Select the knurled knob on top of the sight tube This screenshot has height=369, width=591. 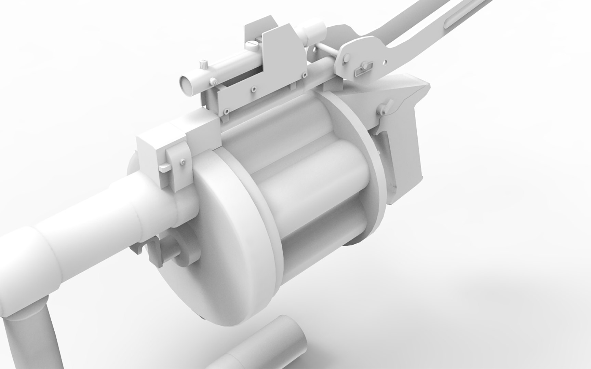(x=204, y=64)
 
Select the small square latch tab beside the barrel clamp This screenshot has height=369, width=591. (x=165, y=167)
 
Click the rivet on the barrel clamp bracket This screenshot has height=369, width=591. (x=184, y=161)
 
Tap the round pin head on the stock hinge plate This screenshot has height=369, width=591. (x=365, y=65)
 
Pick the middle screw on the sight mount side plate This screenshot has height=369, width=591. (x=253, y=89)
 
